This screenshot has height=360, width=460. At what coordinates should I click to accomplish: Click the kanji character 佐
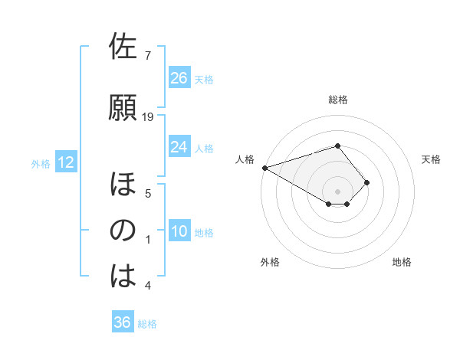[123, 47]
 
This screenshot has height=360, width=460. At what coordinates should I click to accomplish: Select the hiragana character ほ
[123, 185]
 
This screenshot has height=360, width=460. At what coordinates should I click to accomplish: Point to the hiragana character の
[123, 230]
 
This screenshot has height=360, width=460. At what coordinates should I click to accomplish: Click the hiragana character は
[123, 275]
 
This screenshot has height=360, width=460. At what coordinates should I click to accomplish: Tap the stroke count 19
[149, 116]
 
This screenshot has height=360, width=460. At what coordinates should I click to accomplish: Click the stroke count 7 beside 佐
[148, 55]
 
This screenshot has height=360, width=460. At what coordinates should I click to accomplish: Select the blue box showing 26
[179, 77]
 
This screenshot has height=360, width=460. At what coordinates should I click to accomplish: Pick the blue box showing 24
[179, 146]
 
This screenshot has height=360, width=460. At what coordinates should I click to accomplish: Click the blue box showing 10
[179, 231]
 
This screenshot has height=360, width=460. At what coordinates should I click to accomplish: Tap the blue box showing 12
[65, 162]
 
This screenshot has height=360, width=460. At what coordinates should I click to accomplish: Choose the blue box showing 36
[123, 322]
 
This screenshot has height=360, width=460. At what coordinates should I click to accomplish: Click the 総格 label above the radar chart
[338, 100]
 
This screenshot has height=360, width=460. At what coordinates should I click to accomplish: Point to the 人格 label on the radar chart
[245, 159]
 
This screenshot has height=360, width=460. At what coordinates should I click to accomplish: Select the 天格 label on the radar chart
[432, 159]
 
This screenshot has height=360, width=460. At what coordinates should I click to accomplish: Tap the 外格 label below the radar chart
[269, 262]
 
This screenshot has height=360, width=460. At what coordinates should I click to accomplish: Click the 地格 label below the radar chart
[402, 262]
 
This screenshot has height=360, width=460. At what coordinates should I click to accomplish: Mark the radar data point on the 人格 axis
[264, 167]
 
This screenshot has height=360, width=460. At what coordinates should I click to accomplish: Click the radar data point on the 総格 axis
[337, 145]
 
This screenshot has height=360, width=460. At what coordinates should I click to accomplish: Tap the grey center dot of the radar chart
[337, 190]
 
